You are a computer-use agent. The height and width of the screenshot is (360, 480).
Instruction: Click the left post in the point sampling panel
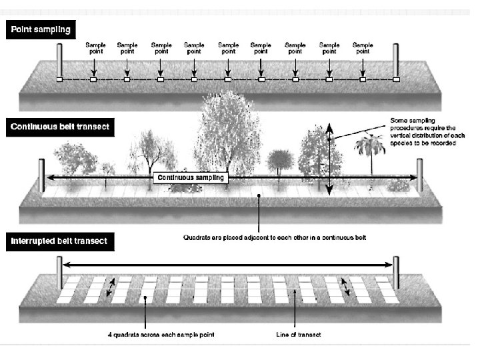click(59, 62)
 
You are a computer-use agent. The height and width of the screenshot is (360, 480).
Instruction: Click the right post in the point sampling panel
click(396, 62)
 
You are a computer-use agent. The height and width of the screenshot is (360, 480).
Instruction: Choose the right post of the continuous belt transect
click(419, 175)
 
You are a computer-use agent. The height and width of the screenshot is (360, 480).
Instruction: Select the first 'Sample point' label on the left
click(95, 49)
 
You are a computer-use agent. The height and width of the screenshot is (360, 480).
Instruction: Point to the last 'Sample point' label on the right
click(363, 49)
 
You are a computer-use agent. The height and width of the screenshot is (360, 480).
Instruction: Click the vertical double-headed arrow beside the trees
click(329, 160)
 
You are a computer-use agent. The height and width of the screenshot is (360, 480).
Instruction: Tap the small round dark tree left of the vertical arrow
click(280, 163)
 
